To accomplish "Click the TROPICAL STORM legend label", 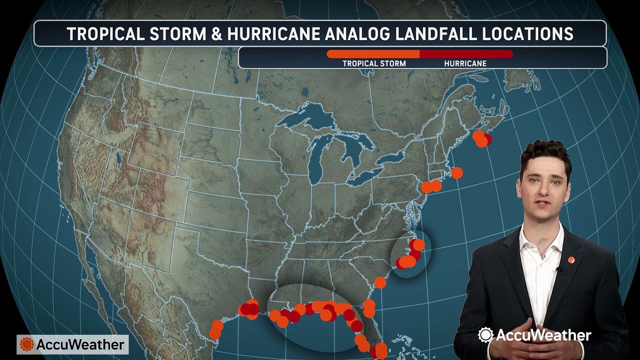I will (374, 63).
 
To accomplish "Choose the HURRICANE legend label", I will (465, 63).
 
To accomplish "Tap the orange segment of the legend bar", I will (373, 54).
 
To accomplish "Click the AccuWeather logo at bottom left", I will (72, 344).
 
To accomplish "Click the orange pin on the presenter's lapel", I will (571, 260).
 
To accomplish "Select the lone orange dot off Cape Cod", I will (456, 173).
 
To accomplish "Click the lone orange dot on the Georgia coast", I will (380, 282).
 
